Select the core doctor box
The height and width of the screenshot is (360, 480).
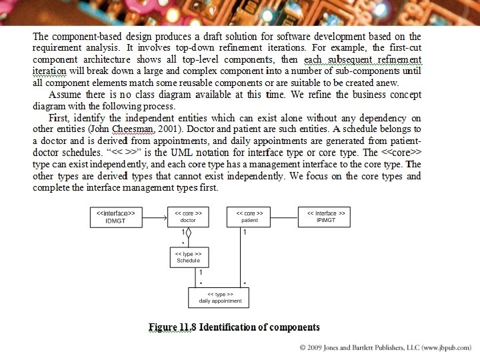coord(188,217)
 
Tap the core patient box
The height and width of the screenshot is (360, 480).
coord(250,217)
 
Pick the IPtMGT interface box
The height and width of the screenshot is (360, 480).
coord(326,217)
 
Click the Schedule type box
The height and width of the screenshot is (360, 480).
coord(188,257)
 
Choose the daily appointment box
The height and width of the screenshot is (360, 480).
coord(219,297)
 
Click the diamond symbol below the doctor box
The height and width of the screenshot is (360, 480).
coord(188,233)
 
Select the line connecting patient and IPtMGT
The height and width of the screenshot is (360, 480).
coord(285,217)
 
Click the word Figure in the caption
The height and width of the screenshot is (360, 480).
coord(163,327)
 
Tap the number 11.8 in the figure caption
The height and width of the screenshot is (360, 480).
coord(187,327)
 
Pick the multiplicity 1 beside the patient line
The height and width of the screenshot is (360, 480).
coord(245,233)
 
